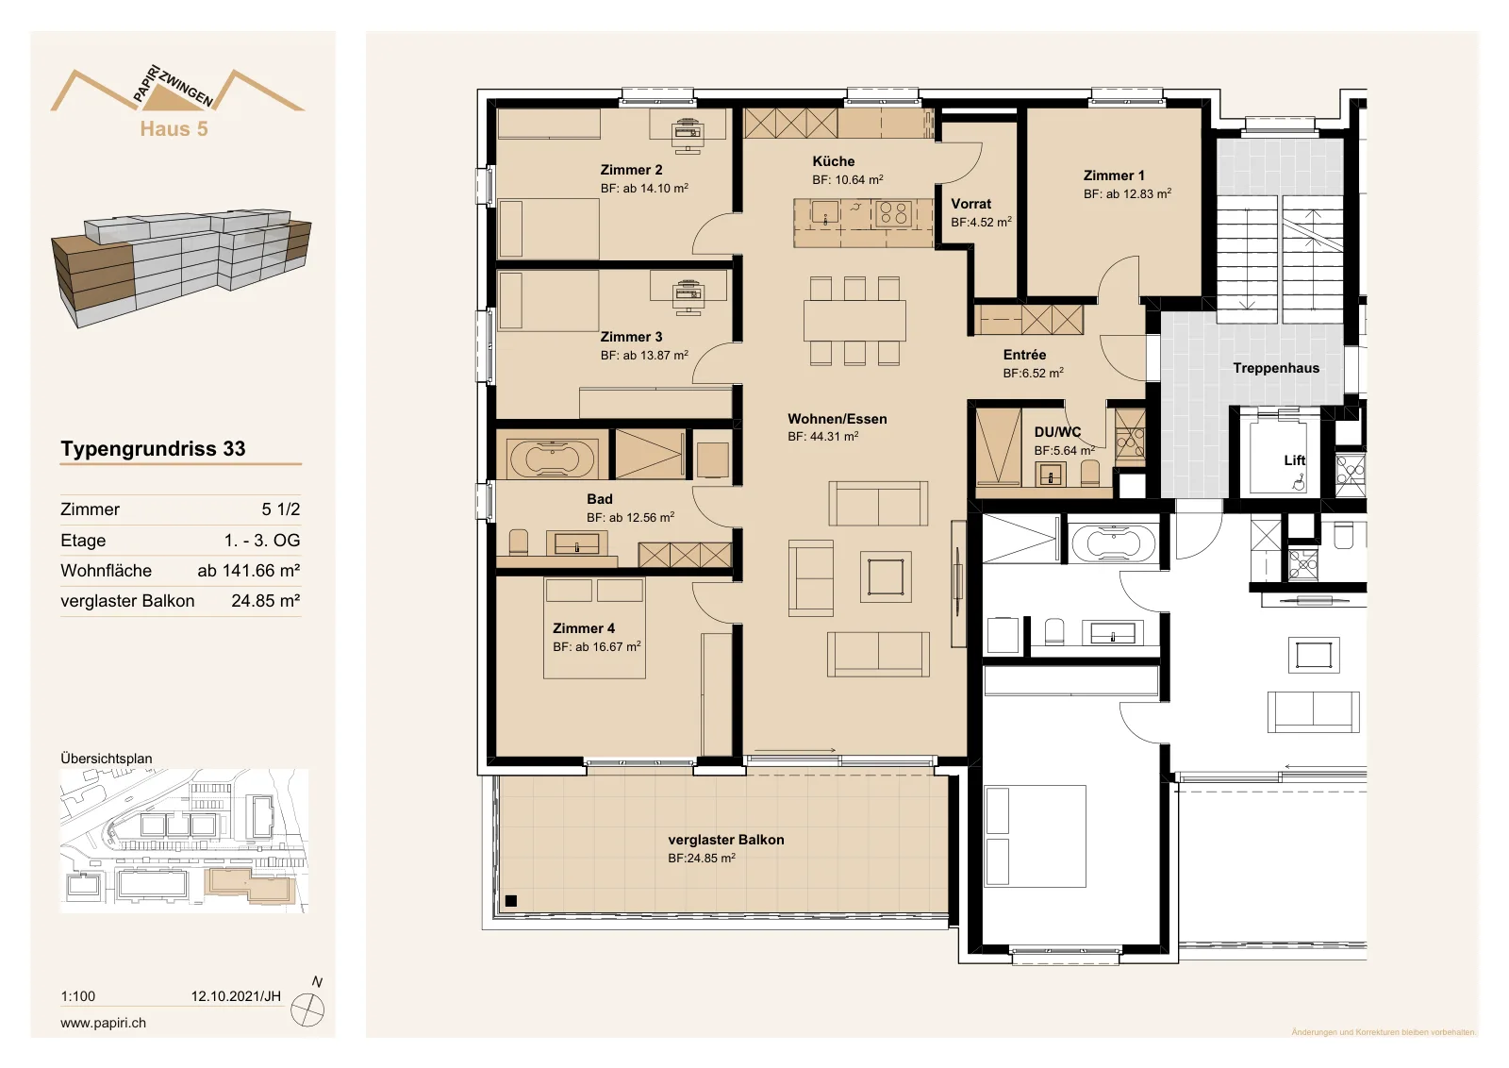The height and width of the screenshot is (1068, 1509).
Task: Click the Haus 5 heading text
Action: click(x=174, y=128)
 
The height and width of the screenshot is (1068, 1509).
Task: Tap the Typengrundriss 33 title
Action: click(x=153, y=449)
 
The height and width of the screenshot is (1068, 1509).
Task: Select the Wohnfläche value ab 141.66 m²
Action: click(x=249, y=571)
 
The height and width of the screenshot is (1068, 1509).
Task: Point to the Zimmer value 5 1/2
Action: click(x=281, y=509)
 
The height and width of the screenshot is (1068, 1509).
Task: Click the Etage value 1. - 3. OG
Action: click(x=262, y=541)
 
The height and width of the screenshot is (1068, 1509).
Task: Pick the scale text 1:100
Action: click(x=78, y=996)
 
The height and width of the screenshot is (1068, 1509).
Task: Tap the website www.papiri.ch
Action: click(x=103, y=1022)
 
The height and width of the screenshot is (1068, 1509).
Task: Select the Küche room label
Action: click(x=834, y=161)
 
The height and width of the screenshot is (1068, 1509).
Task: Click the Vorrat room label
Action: click(x=970, y=204)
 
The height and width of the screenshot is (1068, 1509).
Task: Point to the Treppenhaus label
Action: click(x=1276, y=368)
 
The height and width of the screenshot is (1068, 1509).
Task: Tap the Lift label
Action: click(x=1294, y=460)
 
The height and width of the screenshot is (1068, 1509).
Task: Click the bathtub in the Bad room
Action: click(x=553, y=459)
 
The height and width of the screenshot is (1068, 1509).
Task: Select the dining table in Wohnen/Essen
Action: click(x=854, y=320)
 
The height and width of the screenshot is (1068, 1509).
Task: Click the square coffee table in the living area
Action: click(x=886, y=576)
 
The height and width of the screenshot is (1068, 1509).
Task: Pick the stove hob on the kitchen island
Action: click(x=893, y=213)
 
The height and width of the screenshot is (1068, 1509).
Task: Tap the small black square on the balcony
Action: click(x=510, y=900)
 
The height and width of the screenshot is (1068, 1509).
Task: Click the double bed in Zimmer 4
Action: click(x=594, y=628)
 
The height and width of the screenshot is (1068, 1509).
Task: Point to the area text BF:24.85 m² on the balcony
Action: click(x=702, y=858)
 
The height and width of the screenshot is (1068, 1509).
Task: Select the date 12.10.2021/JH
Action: click(x=236, y=996)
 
